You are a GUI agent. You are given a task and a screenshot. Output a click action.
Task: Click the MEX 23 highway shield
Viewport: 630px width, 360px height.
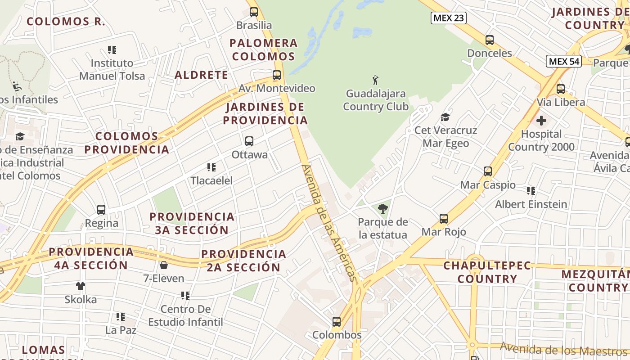448,18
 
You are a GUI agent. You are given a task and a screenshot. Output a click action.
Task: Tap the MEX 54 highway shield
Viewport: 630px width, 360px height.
564,61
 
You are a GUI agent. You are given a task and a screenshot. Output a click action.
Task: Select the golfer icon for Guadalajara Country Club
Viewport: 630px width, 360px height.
375,81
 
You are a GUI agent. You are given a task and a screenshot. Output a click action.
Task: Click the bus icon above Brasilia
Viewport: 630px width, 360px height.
254,12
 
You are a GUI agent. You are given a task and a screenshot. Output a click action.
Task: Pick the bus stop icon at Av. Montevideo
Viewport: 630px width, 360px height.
277,75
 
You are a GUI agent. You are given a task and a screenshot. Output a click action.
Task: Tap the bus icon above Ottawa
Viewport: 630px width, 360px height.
249,141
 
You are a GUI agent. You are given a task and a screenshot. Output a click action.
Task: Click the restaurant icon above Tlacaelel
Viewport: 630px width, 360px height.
211,167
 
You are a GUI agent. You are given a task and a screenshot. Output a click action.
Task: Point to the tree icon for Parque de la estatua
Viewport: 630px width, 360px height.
383,208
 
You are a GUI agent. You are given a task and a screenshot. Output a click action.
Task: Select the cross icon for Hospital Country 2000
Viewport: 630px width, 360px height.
541,121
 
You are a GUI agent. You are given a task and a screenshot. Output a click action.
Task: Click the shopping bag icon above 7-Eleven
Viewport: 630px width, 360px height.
164,265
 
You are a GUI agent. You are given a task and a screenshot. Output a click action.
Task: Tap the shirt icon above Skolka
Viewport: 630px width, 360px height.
81,286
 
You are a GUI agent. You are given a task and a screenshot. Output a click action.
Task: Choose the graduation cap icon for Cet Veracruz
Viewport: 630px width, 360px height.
445,117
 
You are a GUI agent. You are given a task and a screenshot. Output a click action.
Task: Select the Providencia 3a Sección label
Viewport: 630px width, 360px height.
192,223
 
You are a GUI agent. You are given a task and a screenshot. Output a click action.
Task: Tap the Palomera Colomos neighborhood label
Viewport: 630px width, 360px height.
263,49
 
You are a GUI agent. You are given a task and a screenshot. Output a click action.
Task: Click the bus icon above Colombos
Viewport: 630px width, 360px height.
337,322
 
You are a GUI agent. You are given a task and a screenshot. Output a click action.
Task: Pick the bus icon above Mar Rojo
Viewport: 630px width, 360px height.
444,219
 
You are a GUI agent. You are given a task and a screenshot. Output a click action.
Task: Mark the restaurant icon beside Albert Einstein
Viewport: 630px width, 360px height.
531,191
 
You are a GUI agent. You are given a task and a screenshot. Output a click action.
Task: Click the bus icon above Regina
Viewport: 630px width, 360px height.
101,210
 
